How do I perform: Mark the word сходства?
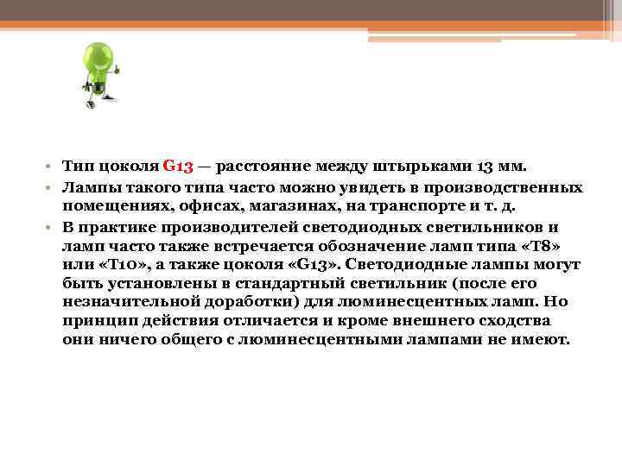(506, 322)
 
